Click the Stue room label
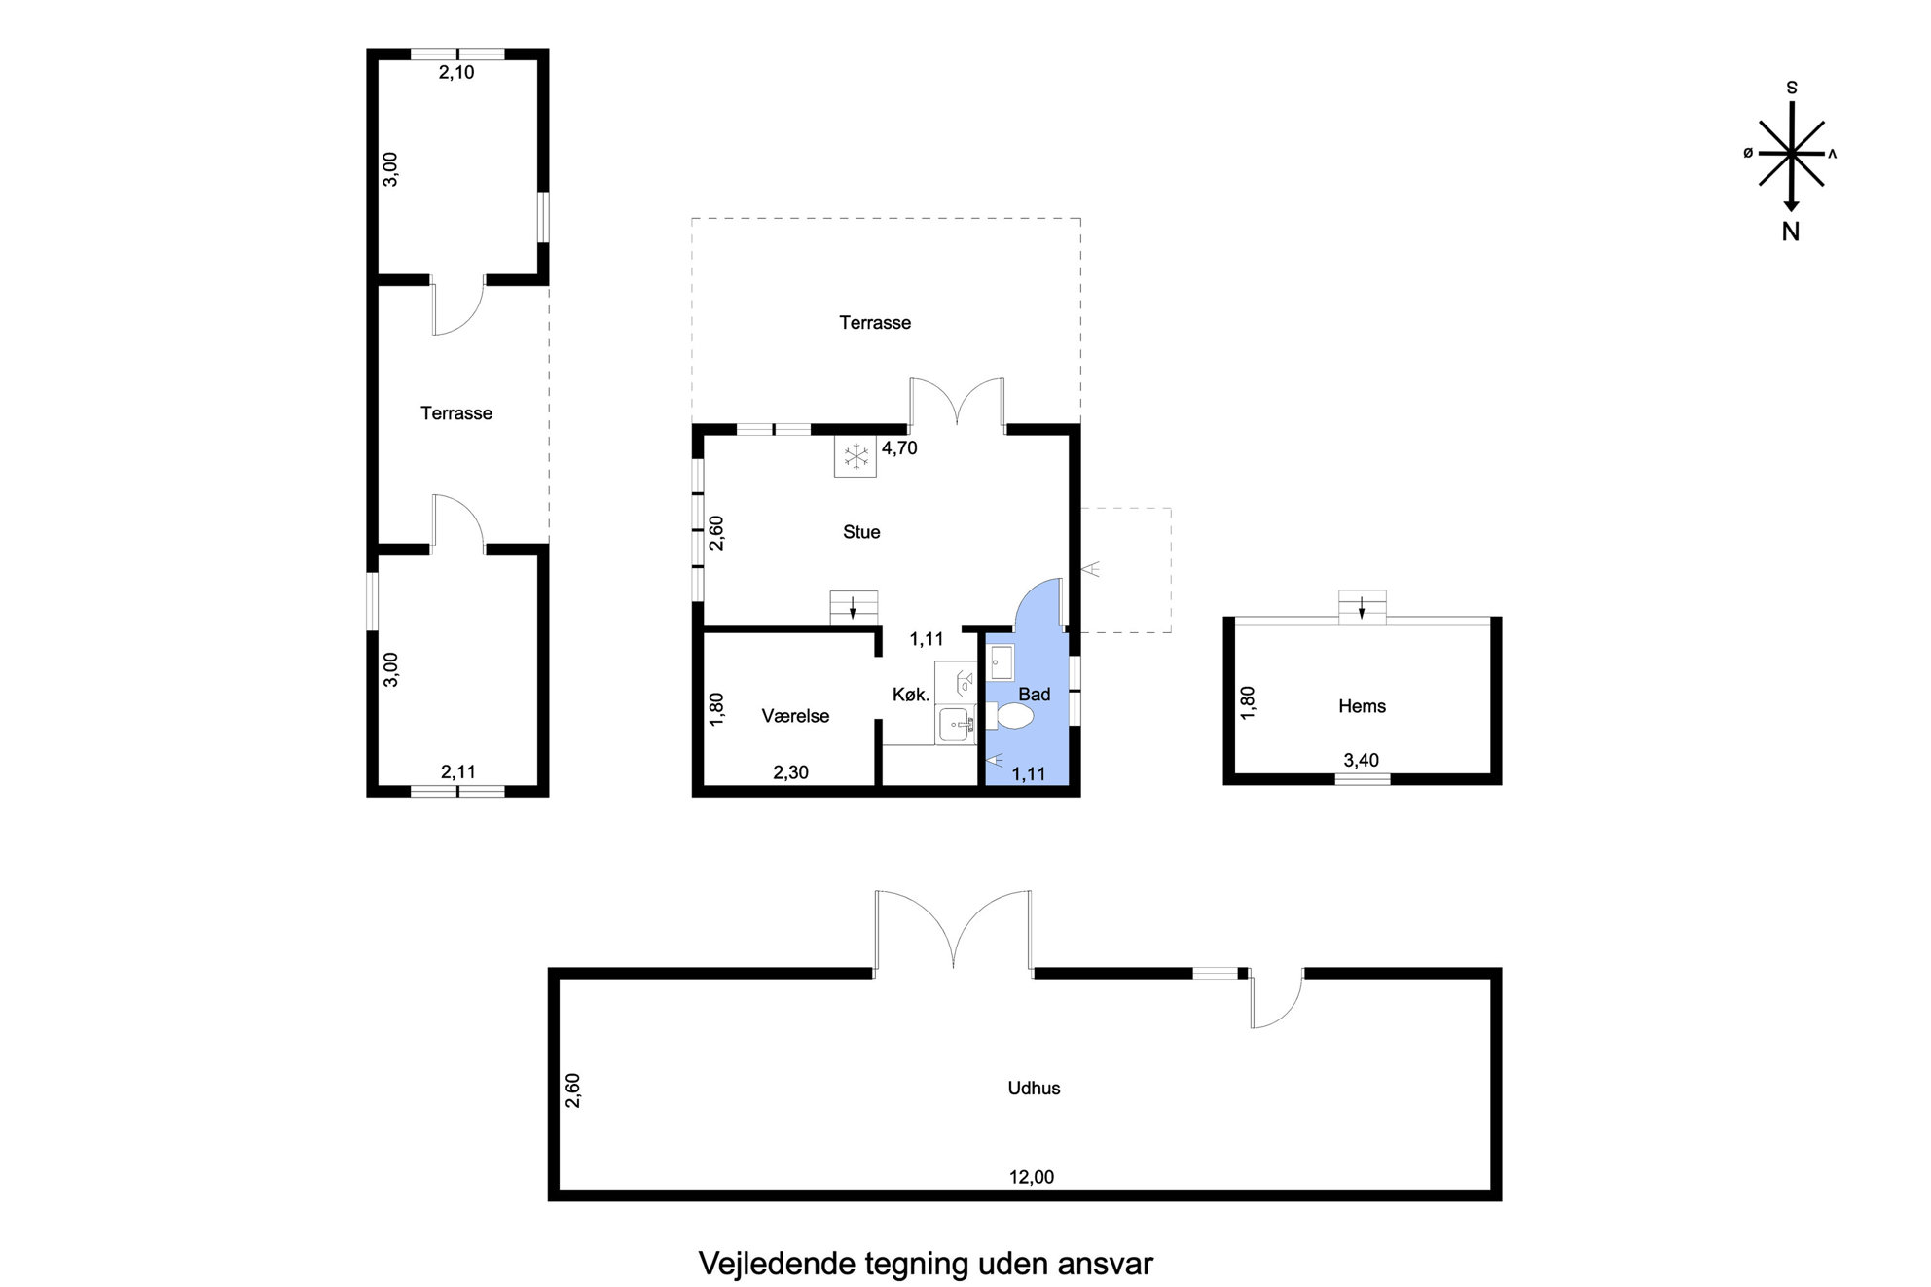(861, 532)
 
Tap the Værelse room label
(795, 716)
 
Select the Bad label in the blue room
(1034, 695)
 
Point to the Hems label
(1362, 706)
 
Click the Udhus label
(1034, 1089)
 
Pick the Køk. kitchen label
(912, 695)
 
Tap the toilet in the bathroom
(1008, 717)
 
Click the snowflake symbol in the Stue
(856, 456)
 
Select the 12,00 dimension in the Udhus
(1032, 1177)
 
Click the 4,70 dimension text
(899, 448)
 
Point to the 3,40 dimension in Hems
(1361, 760)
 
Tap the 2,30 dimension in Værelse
(790, 772)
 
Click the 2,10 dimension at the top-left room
(456, 72)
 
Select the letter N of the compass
(1791, 232)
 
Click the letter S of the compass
(1792, 88)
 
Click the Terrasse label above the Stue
(875, 323)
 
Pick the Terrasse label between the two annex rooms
(456, 413)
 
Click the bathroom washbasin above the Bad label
(1002, 662)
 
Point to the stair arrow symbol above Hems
(1362, 608)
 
